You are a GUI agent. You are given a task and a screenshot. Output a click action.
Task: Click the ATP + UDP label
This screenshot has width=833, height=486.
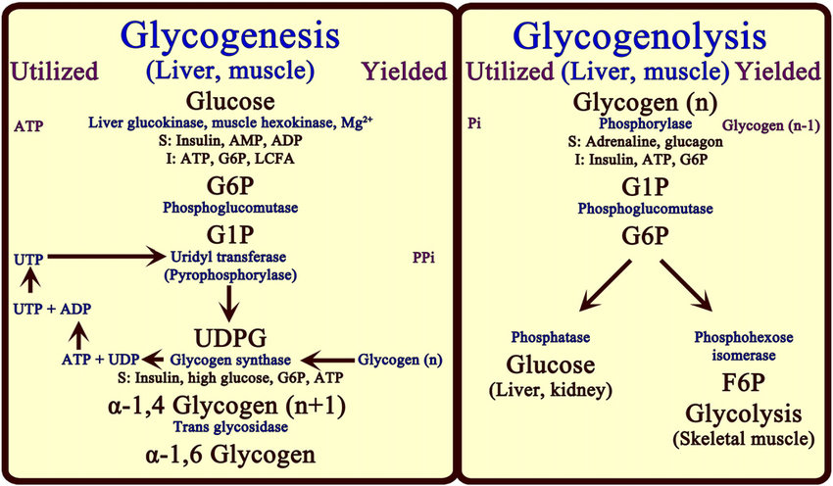point(99,359)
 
